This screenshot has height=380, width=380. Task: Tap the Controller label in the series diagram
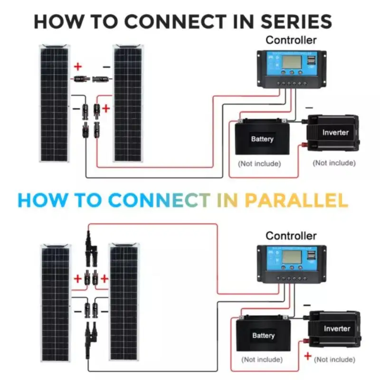click(x=291, y=40)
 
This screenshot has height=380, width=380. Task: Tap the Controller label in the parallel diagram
click(x=291, y=236)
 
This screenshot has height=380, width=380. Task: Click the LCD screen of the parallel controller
click(x=290, y=258)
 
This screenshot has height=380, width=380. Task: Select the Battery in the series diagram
click(x=262, y=139)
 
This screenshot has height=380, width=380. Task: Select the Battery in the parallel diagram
click(x=263, y=335)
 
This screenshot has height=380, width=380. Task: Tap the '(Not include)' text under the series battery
click(x=259, y=163)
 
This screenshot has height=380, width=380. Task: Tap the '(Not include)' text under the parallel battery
click(x=262, y=360)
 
